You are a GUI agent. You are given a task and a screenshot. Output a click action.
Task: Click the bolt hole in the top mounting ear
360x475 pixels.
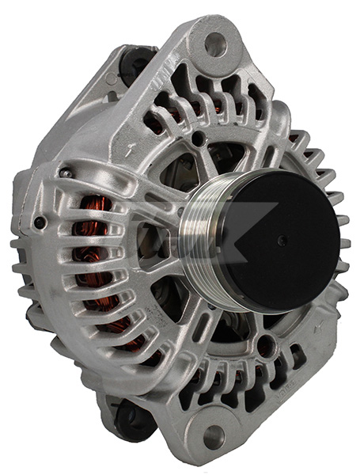pos(214,44)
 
